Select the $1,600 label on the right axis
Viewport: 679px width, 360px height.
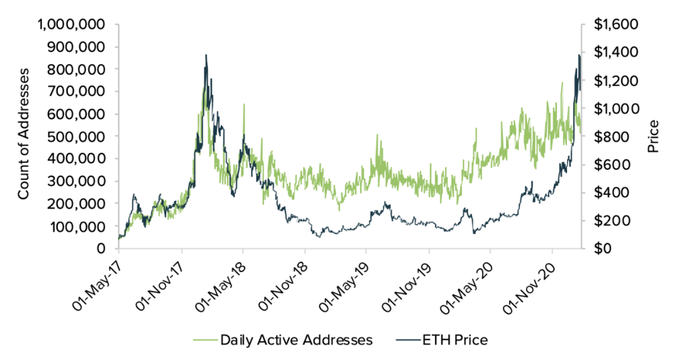616,25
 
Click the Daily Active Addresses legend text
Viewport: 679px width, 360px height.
296,340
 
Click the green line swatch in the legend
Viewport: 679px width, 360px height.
204,340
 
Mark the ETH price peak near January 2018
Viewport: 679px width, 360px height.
206,55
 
